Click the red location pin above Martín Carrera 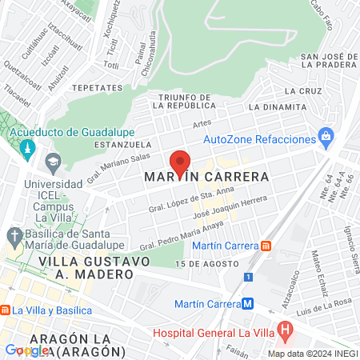tap(180, 162)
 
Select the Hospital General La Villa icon tap(285, 330)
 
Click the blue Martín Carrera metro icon tap(249, 303)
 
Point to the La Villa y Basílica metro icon tap(4, 310)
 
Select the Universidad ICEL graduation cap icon tap(53, 162)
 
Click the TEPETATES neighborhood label tap(96, 87)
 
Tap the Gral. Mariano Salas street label tap(118, 170)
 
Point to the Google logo tap(26, 350)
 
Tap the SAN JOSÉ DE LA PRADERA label tap(328, 62)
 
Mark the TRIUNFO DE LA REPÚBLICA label tap(186, 101)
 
